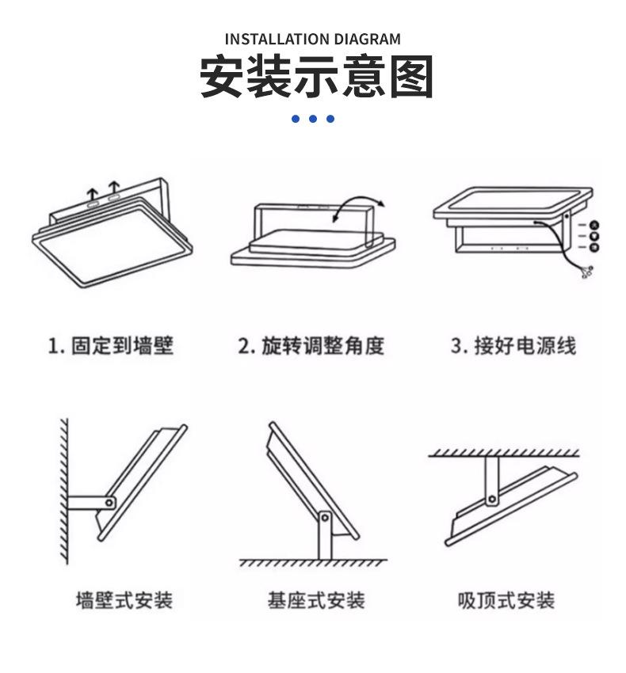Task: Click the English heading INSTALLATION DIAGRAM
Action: (x=312, y=39)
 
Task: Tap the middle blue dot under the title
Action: (x=313, y=119)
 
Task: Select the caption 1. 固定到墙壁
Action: (x=111, y=346)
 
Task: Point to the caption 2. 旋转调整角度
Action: (x=311, y=346)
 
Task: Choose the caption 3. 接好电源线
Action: (x=513, y=346)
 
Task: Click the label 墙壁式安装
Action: (x=124, y=600)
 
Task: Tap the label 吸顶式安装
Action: (x=506, y=600)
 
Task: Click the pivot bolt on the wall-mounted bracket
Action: (x=109, y=501)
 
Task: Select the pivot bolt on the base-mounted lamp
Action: (x=324, y=518)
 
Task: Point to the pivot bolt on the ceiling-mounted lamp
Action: (x=492, y=498)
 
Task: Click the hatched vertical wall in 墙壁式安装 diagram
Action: (x=62, y=491)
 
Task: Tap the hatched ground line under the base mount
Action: (x=314, y=563)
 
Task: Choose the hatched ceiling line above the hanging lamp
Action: (x=504, y=454)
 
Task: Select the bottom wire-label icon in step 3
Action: (x=594, y=248)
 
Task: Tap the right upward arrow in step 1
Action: (x=114, y=189)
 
